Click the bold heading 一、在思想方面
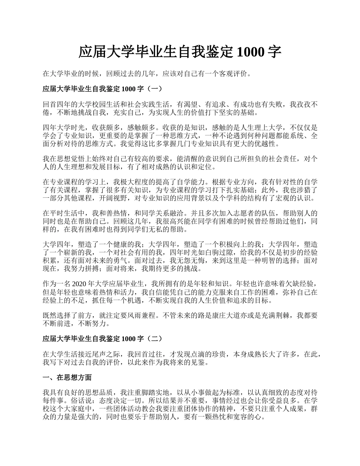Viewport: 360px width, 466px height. (x=67, y=378)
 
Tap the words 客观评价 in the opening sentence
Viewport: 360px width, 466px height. (x=235, y=73)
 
